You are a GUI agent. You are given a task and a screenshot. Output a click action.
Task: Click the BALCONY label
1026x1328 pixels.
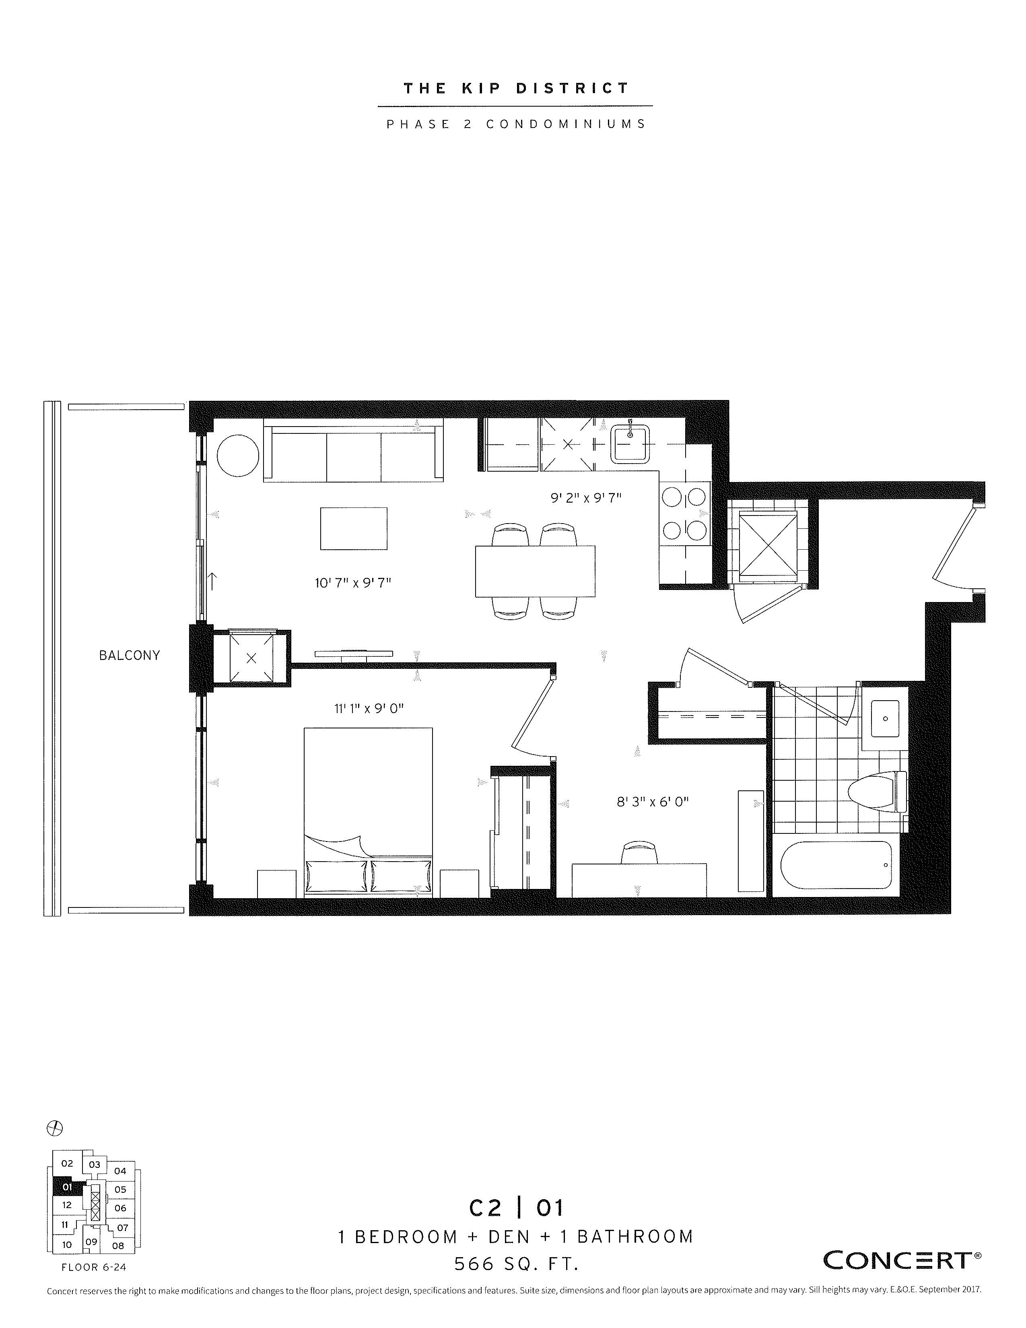130,656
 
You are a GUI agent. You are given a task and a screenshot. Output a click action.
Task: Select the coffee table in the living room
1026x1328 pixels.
354,528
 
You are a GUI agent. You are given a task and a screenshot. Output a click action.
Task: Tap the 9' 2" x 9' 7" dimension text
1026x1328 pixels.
586,498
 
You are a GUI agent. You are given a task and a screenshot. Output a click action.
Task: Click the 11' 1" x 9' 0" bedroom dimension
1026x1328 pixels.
369,708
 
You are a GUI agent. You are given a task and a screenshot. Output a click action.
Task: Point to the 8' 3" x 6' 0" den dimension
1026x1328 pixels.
653,801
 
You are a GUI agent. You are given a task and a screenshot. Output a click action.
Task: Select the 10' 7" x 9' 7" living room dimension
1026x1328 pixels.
352,583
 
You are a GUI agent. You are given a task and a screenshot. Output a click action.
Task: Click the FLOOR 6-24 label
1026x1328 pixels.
94,1267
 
